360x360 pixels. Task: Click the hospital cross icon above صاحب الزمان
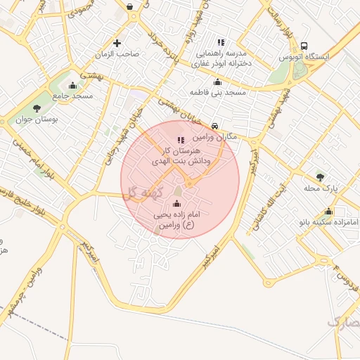(117, 43)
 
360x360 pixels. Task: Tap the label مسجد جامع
(72, 96)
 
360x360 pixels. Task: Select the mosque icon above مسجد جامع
(72, 86)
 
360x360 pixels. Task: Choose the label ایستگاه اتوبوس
(301, 57)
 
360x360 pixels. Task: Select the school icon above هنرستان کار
(181, 141)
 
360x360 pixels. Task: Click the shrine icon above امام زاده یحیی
(175, 204)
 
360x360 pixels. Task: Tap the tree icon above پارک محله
(321, 177)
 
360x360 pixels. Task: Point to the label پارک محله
(321, 188)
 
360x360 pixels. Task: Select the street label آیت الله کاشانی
(271, 203)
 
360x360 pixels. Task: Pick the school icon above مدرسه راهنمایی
(221, 42)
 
